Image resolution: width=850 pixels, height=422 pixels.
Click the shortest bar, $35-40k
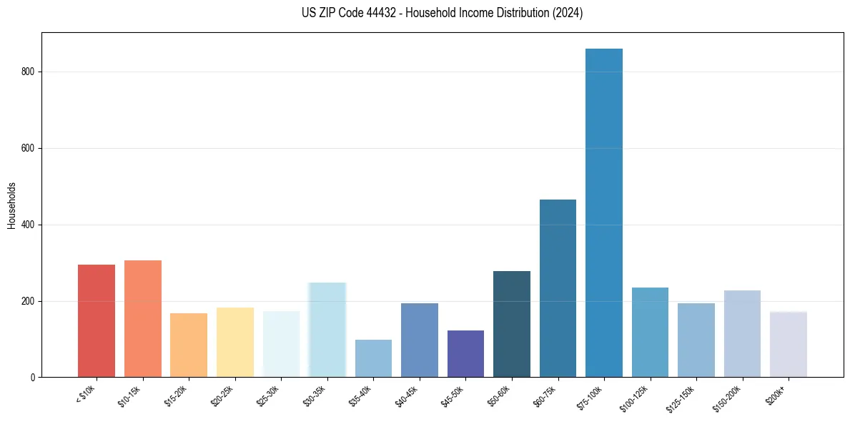click(x=373, y=358)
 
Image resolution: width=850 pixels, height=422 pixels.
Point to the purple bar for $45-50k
click(x=465, y=354)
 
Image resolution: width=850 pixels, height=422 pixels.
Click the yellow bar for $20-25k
click(x=235, y=343)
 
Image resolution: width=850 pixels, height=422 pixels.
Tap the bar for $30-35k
click(x=327, y=330)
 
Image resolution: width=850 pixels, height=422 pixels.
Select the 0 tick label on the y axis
click(x=34, y=378)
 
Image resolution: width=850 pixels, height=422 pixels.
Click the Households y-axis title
click(x=11, y=205)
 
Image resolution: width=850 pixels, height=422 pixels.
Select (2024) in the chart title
click(x=567, y=13)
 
